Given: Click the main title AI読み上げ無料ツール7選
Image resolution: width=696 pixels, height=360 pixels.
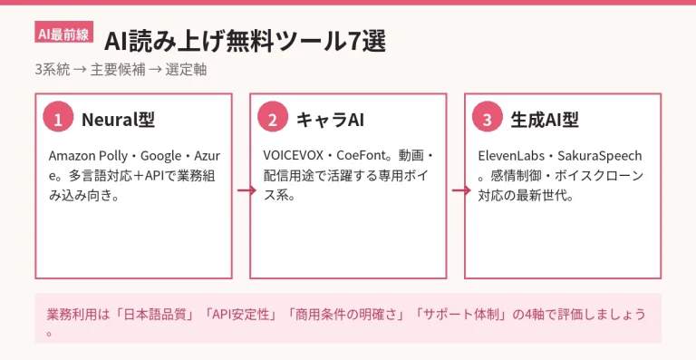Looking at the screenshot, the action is (x=245, y=43).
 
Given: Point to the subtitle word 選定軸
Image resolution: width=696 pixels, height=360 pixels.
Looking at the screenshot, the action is (x=186, y=70).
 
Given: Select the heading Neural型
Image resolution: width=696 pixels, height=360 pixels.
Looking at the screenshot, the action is (x=118, y=120).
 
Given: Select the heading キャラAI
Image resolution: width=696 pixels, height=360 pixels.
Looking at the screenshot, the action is (x=330, y=120).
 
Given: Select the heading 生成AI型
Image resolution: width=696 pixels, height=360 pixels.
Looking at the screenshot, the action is (x=545, y=120).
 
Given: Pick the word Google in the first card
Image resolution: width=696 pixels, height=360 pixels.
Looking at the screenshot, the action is (x=161, y=157).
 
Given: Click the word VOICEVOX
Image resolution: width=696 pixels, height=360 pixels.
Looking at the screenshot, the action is (x=294, y=156).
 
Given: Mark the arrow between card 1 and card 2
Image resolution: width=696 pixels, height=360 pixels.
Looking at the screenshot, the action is (x=246, y=190).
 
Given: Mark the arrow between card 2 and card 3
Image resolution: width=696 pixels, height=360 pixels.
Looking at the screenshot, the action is (x=461, y=190).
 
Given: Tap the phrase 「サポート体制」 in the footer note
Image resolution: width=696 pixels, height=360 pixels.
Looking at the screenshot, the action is (x=460, y=315).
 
